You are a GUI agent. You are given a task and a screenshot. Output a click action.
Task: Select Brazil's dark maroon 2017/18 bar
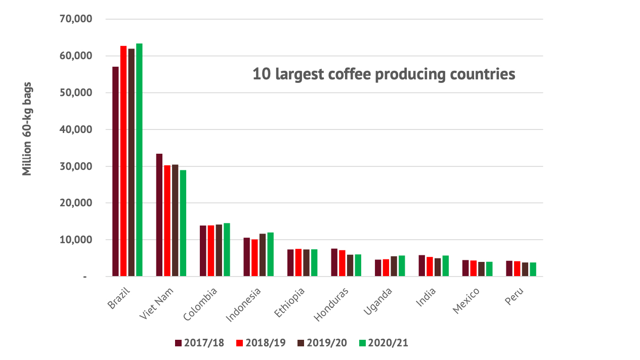(115, 171)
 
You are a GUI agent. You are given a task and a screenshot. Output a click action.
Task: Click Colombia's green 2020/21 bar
(227, 250)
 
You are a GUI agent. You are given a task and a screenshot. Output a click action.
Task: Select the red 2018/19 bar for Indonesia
(254, 258)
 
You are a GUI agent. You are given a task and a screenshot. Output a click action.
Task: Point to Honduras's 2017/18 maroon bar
(334, 262)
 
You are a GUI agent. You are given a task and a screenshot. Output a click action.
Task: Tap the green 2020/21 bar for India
(445, 266)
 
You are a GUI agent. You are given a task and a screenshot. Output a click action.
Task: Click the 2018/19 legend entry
(261, 343)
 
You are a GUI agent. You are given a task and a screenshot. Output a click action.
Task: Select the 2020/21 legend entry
(383, 343)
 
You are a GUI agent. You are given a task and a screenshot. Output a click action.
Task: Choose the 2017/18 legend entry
(199, 343)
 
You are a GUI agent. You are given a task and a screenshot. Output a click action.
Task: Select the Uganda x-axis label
(378, 302)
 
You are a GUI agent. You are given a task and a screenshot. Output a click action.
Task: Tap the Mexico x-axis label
(466, 301)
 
